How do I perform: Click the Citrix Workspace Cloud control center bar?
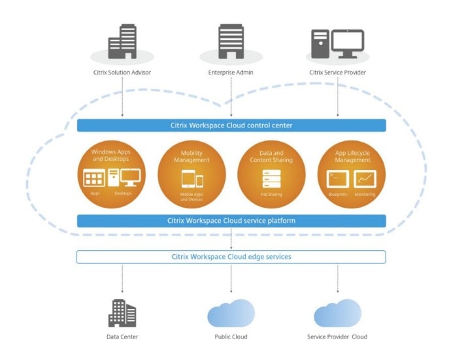pyautogui.click(x=231, y=125)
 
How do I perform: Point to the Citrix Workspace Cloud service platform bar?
pyautogui.click(x=231, y=221)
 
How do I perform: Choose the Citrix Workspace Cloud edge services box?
pyautogui.click(x=231, y=257)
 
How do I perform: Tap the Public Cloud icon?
pyautogui.click(x=231, y=313)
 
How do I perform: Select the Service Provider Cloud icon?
pyautogui.click(x=337, y=313)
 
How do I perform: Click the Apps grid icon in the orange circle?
pyautogui.click(x=95, y=178)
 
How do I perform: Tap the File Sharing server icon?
pyautogui.click(x=271, y=178)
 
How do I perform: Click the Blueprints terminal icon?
pyautogui.click(x=338, y=178)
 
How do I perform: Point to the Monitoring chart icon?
pyautogui.click(x=365, y=178)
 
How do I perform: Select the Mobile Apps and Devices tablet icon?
pyautogui.click(x=191, y=179)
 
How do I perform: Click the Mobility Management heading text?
pyautogui.click(x=192, y=157)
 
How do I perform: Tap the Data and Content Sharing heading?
pyautogui.click(x=271, y=157)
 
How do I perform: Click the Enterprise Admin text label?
pyautogui.click(x=231, y=73)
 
